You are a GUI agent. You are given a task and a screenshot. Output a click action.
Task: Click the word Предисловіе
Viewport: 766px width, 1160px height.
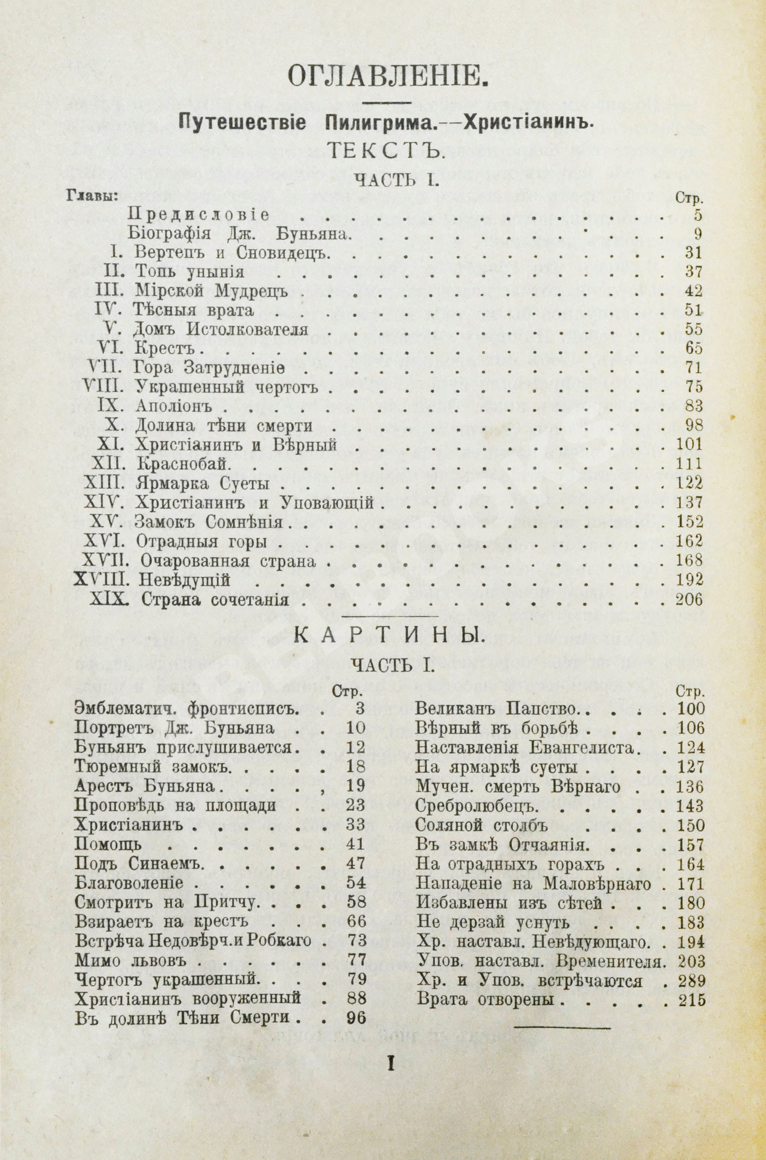198,215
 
